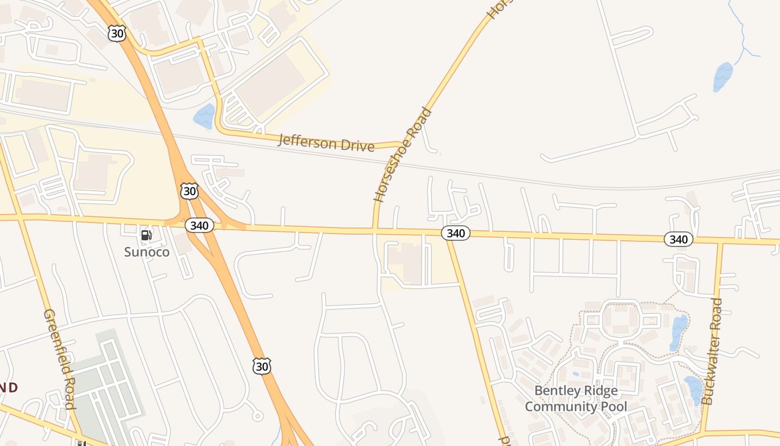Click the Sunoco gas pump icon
point(146,235)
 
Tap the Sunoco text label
point(147,252)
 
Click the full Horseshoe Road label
point(403,154)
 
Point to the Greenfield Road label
point(60,359)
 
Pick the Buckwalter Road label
point(712,351)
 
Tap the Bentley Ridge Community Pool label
point(576,398)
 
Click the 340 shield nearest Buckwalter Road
point(678,239)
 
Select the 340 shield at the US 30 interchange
point(199,225)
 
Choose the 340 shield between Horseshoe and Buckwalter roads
point(456,233)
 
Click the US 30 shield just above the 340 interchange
point(189,191)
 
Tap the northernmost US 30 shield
point(117,33)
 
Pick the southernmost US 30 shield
point(261,366)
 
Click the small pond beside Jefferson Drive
point(204,116)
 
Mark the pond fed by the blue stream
point(723,76)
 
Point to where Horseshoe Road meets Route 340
point(375,229)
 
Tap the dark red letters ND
point(8,387)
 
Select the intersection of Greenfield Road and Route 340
point(20,216)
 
